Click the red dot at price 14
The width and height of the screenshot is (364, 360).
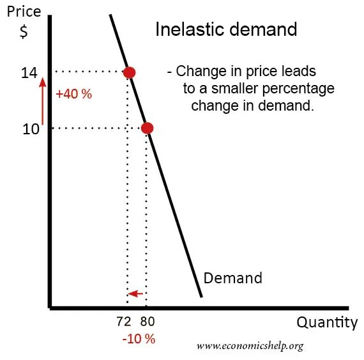click(x=129, y=72)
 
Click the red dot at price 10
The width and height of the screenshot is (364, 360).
click(x=147, y=129)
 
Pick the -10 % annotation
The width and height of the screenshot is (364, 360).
click(x=139, y=339)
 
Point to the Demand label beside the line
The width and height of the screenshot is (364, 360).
click(x=232, y=278)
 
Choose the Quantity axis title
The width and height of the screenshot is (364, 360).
click(x=327, y=323)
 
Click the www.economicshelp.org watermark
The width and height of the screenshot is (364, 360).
click(x=250, y=346)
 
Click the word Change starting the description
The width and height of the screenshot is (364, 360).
click(x=197, y=71)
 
